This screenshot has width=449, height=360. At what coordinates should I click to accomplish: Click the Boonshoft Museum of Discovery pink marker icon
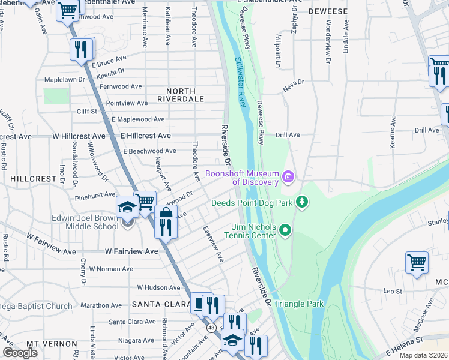(x=288, y=177)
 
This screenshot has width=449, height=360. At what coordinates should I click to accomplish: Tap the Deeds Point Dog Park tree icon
(x=302, y=202)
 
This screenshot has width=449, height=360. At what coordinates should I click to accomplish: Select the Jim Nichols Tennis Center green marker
(x=285, y=229)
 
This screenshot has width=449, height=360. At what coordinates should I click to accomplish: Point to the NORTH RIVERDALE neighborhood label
(x=181, y=95)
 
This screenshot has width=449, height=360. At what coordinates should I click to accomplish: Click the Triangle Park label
(x=299, y=304)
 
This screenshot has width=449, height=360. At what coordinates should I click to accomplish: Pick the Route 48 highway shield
(x=211, y=328)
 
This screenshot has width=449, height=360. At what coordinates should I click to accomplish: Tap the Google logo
(x=20, y=353)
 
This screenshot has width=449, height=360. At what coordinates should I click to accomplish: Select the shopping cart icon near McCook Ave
(x=417, y=262)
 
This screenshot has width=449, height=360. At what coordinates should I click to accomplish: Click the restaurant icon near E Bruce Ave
(x=82, y=49)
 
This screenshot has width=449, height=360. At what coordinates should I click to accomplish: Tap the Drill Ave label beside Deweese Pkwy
(x=288, y=135)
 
